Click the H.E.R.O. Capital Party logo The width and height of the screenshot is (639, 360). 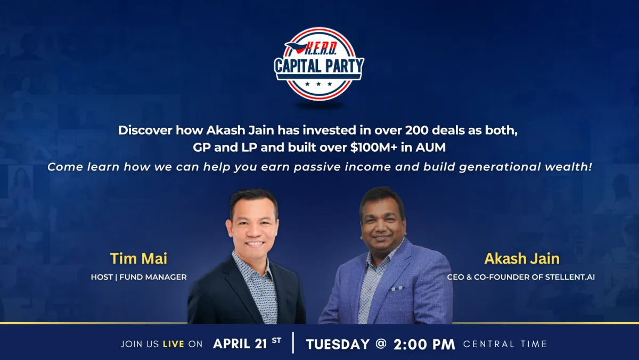point(319,64)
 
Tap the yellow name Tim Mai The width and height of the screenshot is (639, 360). point(138,258)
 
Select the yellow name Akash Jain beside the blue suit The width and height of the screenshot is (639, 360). point(522,258)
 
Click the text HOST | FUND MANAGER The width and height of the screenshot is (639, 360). point(138,277)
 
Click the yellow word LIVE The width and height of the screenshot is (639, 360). point(174,344)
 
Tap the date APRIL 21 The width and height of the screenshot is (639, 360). point(240,343)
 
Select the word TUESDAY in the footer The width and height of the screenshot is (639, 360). point(338,344)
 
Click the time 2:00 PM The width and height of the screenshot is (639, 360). point(424,344)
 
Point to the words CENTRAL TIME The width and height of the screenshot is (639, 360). point(505,344)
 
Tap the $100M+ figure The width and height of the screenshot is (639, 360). point(374,148)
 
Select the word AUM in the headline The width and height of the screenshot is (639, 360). point(430,148)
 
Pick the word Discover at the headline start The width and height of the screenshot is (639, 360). point(145,130)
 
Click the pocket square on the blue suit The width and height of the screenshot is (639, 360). point(397,289)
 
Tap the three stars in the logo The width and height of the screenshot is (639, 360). point(318,84)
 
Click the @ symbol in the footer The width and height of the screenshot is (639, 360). point(381,343)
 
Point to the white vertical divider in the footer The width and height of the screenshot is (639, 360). point(293,342)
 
